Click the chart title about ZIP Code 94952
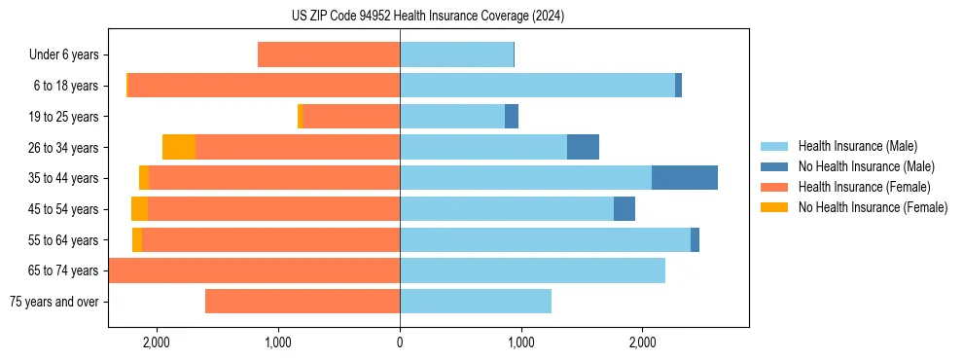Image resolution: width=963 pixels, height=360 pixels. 481,17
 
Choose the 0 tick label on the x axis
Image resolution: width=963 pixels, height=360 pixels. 400,342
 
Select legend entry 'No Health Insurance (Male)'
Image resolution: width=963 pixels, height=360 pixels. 866,166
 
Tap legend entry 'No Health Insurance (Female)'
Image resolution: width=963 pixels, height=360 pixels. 873,207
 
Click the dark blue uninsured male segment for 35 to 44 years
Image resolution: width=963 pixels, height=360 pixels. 685,178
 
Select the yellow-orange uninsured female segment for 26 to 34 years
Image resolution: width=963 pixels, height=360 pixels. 179,147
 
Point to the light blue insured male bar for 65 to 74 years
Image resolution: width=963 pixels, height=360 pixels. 532,270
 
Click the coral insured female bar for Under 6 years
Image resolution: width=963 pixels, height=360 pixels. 329,55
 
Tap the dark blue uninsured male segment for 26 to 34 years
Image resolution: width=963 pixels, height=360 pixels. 583,147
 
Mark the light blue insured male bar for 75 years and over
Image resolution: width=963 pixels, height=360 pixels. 476,302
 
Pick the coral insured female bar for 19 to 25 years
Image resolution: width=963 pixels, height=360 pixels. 351,117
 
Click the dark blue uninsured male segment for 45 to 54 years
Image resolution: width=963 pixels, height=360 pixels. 624,209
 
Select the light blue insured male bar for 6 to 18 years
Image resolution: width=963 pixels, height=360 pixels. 537,86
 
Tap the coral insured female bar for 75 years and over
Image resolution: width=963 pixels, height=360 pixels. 303,302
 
